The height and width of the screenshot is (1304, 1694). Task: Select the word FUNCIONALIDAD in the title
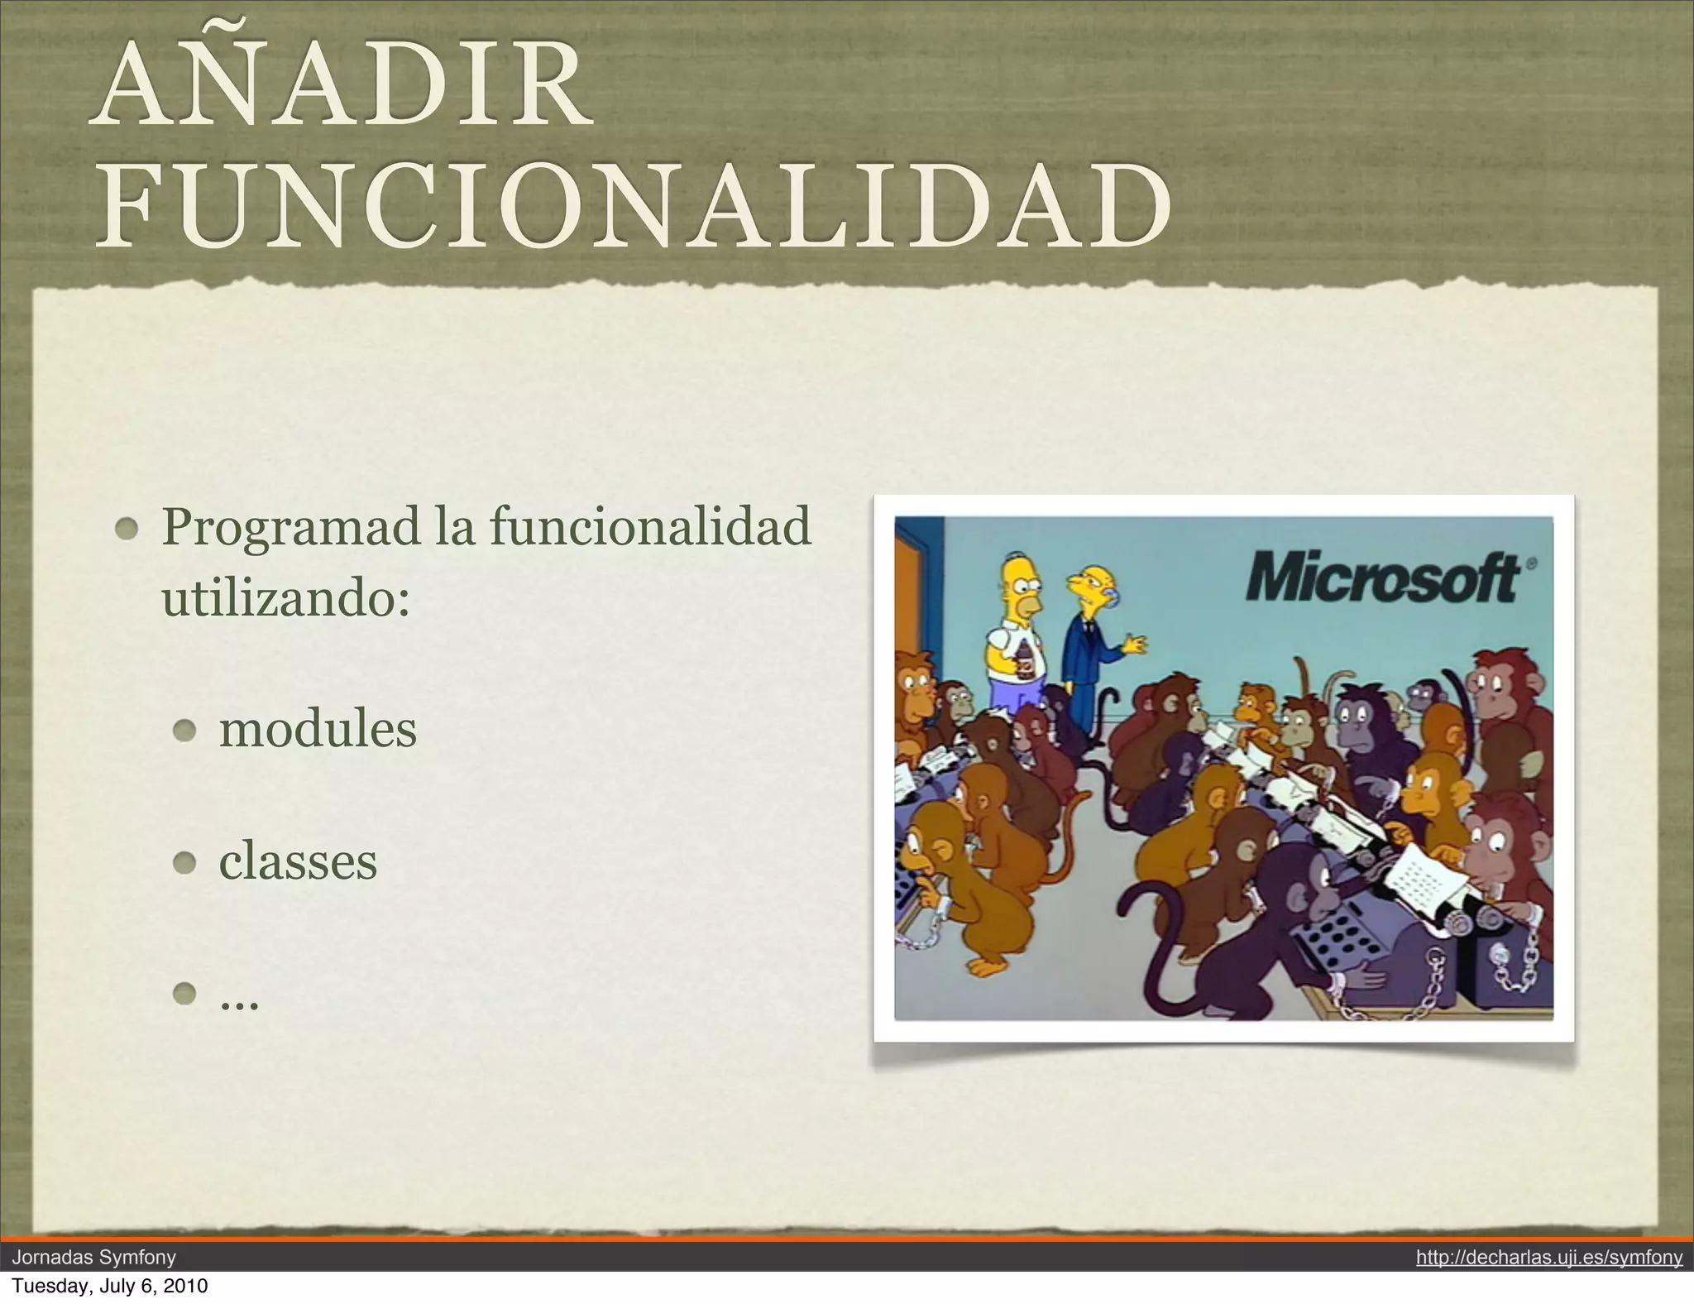[x=634, y=206]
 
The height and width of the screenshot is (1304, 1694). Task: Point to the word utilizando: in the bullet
[x=285, y=597]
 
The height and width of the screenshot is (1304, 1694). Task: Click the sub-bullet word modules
[x=318, y=730]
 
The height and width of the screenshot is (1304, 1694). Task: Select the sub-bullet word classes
[x=298, y=861]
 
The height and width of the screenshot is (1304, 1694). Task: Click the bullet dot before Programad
[x=127, y=528]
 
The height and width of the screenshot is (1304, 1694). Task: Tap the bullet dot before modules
[x=184, y=731]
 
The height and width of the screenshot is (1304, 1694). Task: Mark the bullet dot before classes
[x=184, y=863]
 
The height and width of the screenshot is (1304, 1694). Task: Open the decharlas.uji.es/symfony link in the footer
[x=1548, y=1258]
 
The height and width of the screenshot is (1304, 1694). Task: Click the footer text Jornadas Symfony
[x=94, y=1258]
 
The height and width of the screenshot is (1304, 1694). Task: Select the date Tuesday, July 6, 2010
[x=110, y=1286]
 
